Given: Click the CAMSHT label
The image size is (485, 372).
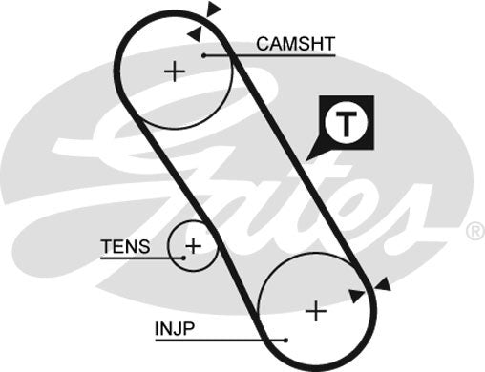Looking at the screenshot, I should pos(295,43).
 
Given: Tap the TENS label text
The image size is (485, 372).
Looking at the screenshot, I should pos(125,247).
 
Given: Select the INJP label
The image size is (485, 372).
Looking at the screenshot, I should pos(175,328).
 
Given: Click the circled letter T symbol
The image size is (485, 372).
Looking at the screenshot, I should pos(348,122).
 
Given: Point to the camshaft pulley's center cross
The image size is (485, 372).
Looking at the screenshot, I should pos(173,72).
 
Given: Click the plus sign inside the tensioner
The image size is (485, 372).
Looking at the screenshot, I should pos(193,246).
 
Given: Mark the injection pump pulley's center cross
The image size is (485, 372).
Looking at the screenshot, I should pos(315,311).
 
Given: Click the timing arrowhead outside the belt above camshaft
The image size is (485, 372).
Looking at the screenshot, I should pos(214,10).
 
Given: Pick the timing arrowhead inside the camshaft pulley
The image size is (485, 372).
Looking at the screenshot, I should pos(195,33).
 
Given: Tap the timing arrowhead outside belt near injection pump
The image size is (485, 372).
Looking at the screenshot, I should pos(383,284).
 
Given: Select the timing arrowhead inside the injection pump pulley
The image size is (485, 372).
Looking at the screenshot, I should pos(357,296).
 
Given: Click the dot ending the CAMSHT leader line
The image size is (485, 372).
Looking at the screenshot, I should pos(204,56).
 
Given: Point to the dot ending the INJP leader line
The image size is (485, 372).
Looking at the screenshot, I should pos(284,339).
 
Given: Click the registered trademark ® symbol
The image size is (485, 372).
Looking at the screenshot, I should pos(474,231).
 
